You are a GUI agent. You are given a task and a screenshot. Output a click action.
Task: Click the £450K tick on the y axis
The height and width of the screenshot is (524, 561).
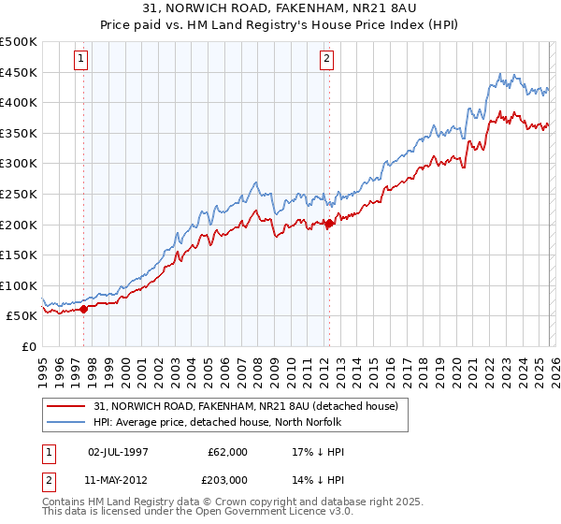coord(19,72)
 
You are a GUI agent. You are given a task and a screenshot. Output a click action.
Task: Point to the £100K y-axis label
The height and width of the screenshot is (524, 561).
coord(19,285)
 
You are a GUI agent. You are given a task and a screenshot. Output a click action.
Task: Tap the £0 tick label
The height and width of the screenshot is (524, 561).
coord(27,346)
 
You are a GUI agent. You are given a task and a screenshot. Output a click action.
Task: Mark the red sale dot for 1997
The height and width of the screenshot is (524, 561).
coord(83,308)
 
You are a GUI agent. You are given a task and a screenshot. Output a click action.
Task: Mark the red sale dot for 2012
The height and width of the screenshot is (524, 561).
coord(329,223)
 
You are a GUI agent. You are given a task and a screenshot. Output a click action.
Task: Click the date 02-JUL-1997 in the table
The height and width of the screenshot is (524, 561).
coord(117,452)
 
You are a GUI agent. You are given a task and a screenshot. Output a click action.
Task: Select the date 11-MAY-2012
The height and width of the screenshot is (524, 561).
coord(117,478)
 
